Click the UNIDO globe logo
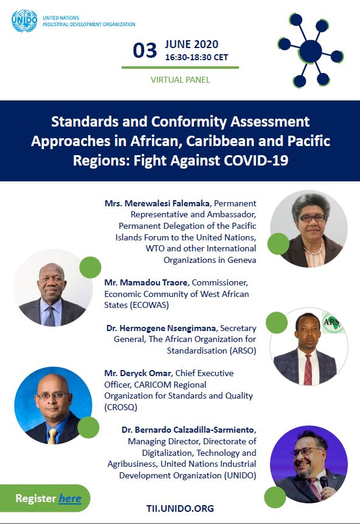click(x=24, y=21)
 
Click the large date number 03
click(x=145, y=51)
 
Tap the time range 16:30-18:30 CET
click(x=196, y=57)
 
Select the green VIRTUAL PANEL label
click(x=181, y=80)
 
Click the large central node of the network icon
click(x=311, y=51)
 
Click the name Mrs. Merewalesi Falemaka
click(x=157, y=203)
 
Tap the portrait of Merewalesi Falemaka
click(x=309, y=229)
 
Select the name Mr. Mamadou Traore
click(x=146, y=283)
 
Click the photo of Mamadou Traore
click(x=53, y=288)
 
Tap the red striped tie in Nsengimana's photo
click(x=308, y=369)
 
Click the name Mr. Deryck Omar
click(x=138, y=373)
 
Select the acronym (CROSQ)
click(x=120, y=407)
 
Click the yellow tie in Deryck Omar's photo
click(x=52, y=436)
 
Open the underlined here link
click(x=70, y=498)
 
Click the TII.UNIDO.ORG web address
click(x=180, y=509)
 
